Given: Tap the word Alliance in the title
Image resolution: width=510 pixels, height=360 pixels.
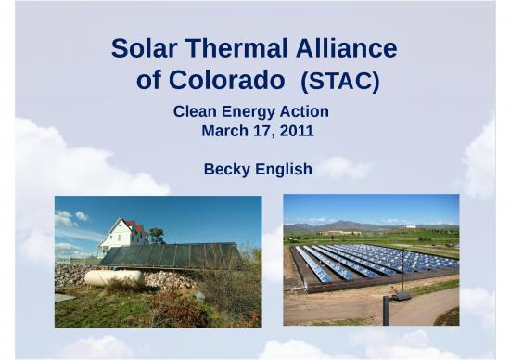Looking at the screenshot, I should coord(351,48).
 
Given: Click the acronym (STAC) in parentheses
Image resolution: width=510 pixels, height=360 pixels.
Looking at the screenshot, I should coord(342,83).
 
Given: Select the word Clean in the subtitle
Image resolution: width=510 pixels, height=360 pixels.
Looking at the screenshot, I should coord(195,112).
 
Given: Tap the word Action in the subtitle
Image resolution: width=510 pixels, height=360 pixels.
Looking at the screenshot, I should coord(305,112).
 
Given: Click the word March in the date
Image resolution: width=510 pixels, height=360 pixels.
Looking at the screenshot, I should coord(223,131).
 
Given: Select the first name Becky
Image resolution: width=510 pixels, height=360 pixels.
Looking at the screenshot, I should coord(225,170).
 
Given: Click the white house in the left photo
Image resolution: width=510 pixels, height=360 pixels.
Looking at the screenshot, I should coord(121,236).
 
